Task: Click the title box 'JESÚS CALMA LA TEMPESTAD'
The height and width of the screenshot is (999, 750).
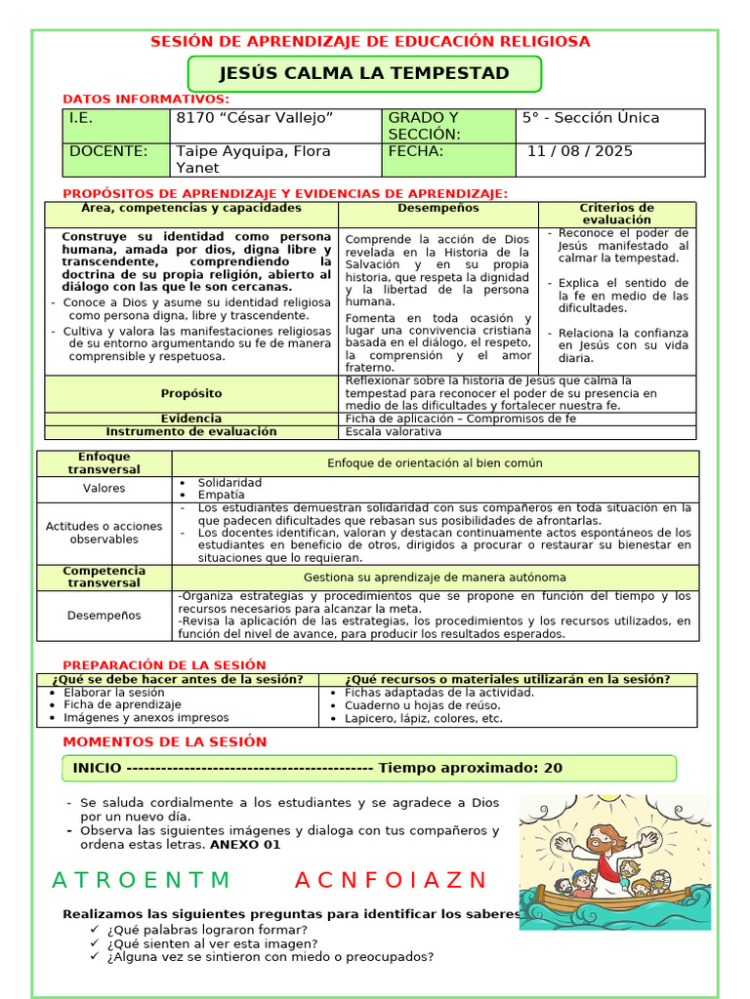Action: [363, 73]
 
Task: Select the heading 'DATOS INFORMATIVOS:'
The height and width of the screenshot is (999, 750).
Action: [146, 100]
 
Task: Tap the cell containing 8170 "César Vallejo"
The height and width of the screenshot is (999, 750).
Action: [255, 118]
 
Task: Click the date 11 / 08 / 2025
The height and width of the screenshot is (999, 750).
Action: [580, 151]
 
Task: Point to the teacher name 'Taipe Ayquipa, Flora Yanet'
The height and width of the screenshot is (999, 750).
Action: [253, 159]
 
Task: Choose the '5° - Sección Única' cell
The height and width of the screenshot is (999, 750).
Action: [591, 118]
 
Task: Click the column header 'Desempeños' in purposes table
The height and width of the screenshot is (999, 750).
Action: [438, 208]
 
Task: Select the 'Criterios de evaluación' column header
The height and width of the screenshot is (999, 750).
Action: [616, 214]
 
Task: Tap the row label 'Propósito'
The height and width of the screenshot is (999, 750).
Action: [191, 393]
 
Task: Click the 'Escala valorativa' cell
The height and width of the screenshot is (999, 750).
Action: [394, 431]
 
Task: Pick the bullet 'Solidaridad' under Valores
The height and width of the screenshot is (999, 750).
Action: [229, 483]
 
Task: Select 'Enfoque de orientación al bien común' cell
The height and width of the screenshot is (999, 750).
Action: [435, 463]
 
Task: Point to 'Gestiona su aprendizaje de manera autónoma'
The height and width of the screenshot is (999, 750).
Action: [435, 578]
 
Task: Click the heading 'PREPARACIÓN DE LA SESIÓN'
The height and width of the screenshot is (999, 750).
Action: [164, 665]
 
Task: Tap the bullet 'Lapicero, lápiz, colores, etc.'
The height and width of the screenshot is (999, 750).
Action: [424, 719]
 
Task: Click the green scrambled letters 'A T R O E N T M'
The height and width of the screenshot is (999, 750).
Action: [142, 880]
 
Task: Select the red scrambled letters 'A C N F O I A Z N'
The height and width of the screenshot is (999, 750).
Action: [391, 880]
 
